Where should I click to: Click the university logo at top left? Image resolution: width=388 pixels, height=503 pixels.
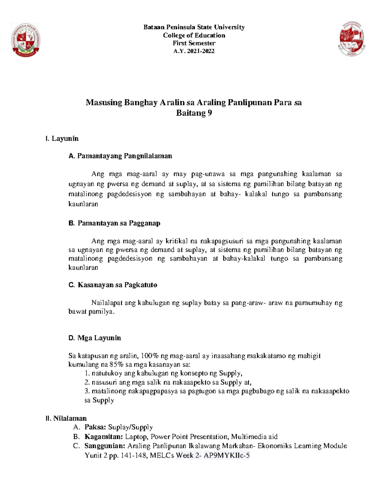click(x=26, y=40)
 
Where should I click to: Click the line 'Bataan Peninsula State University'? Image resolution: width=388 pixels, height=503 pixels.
click(x=194, y=27)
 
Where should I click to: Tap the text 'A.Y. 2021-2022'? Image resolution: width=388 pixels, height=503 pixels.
click(x=194, y=51)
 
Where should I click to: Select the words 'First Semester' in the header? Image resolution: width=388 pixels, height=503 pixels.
click(x=194, y=43)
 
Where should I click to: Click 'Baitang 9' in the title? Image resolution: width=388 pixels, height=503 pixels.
click(x=194, y=113)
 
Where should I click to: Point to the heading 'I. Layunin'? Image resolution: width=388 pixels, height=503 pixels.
click(x=62, y=139)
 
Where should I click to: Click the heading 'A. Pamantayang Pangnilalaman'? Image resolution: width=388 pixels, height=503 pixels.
click(x=120, y=156)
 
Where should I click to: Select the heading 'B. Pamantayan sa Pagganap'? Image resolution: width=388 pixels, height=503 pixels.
click(x=114, y=223)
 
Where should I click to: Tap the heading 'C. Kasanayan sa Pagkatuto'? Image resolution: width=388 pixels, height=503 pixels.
click(x=113, y=285)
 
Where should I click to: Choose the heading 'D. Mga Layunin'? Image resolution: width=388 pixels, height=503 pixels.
click(x=95, y=338)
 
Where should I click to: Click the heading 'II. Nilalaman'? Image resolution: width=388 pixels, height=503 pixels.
click(x=66, y=418)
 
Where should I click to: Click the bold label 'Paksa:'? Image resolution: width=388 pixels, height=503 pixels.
click(x=95, y=427)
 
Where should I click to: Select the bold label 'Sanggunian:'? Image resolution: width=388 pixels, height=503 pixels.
click(x=105, y=446)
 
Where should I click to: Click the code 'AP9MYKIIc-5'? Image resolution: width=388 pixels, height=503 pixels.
click(x=226, y=456)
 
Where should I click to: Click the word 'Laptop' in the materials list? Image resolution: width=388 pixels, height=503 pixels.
click(x=136, y=437)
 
